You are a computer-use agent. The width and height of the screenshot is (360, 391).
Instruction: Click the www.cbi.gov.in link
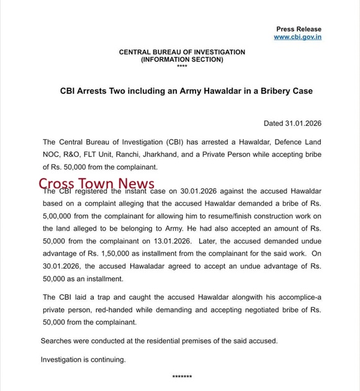click(x=297, y=37)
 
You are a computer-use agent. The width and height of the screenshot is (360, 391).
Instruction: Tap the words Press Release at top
click(x=299, y=29)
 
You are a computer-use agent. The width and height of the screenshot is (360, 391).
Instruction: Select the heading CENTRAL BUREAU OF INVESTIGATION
click(x=182, y=52)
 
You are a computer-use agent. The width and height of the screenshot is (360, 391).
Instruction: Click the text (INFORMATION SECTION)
click(x=182, y=60)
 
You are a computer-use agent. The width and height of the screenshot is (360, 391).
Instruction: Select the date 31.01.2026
click(x=304, y=124)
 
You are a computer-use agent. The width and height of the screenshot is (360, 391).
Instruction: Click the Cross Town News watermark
click(x=97, y=184)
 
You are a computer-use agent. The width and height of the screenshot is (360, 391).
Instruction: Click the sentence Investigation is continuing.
click(x=83, y=359)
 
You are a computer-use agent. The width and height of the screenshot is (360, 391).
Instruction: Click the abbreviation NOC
click(x=51, y=155)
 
